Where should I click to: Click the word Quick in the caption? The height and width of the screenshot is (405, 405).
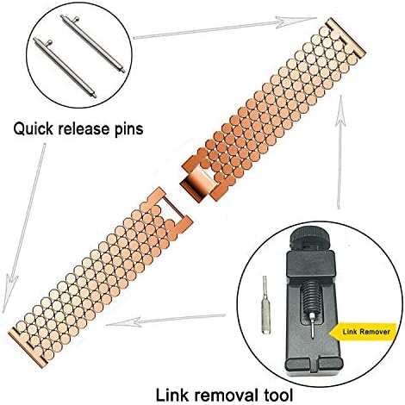click(x=33, y=129)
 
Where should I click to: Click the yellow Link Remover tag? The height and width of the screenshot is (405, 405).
click(x=364, y=332)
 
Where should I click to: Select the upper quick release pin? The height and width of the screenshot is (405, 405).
click(x=93, y=43)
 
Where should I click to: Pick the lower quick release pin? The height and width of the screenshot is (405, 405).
click(x=65, y=67)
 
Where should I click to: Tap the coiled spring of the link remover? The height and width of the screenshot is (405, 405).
click(x=311, y=296)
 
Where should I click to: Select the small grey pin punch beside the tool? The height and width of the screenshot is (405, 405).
click(x=265, y=304)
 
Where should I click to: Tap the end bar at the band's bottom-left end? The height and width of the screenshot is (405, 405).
click(x=28, y=347)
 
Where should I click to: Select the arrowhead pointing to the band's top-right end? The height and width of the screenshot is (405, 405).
click(x=296, y=22)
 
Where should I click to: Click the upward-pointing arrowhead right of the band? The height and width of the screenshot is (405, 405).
click(x=341, y=108)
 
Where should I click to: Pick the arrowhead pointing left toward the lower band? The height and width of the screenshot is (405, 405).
click(x=123, y=321)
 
